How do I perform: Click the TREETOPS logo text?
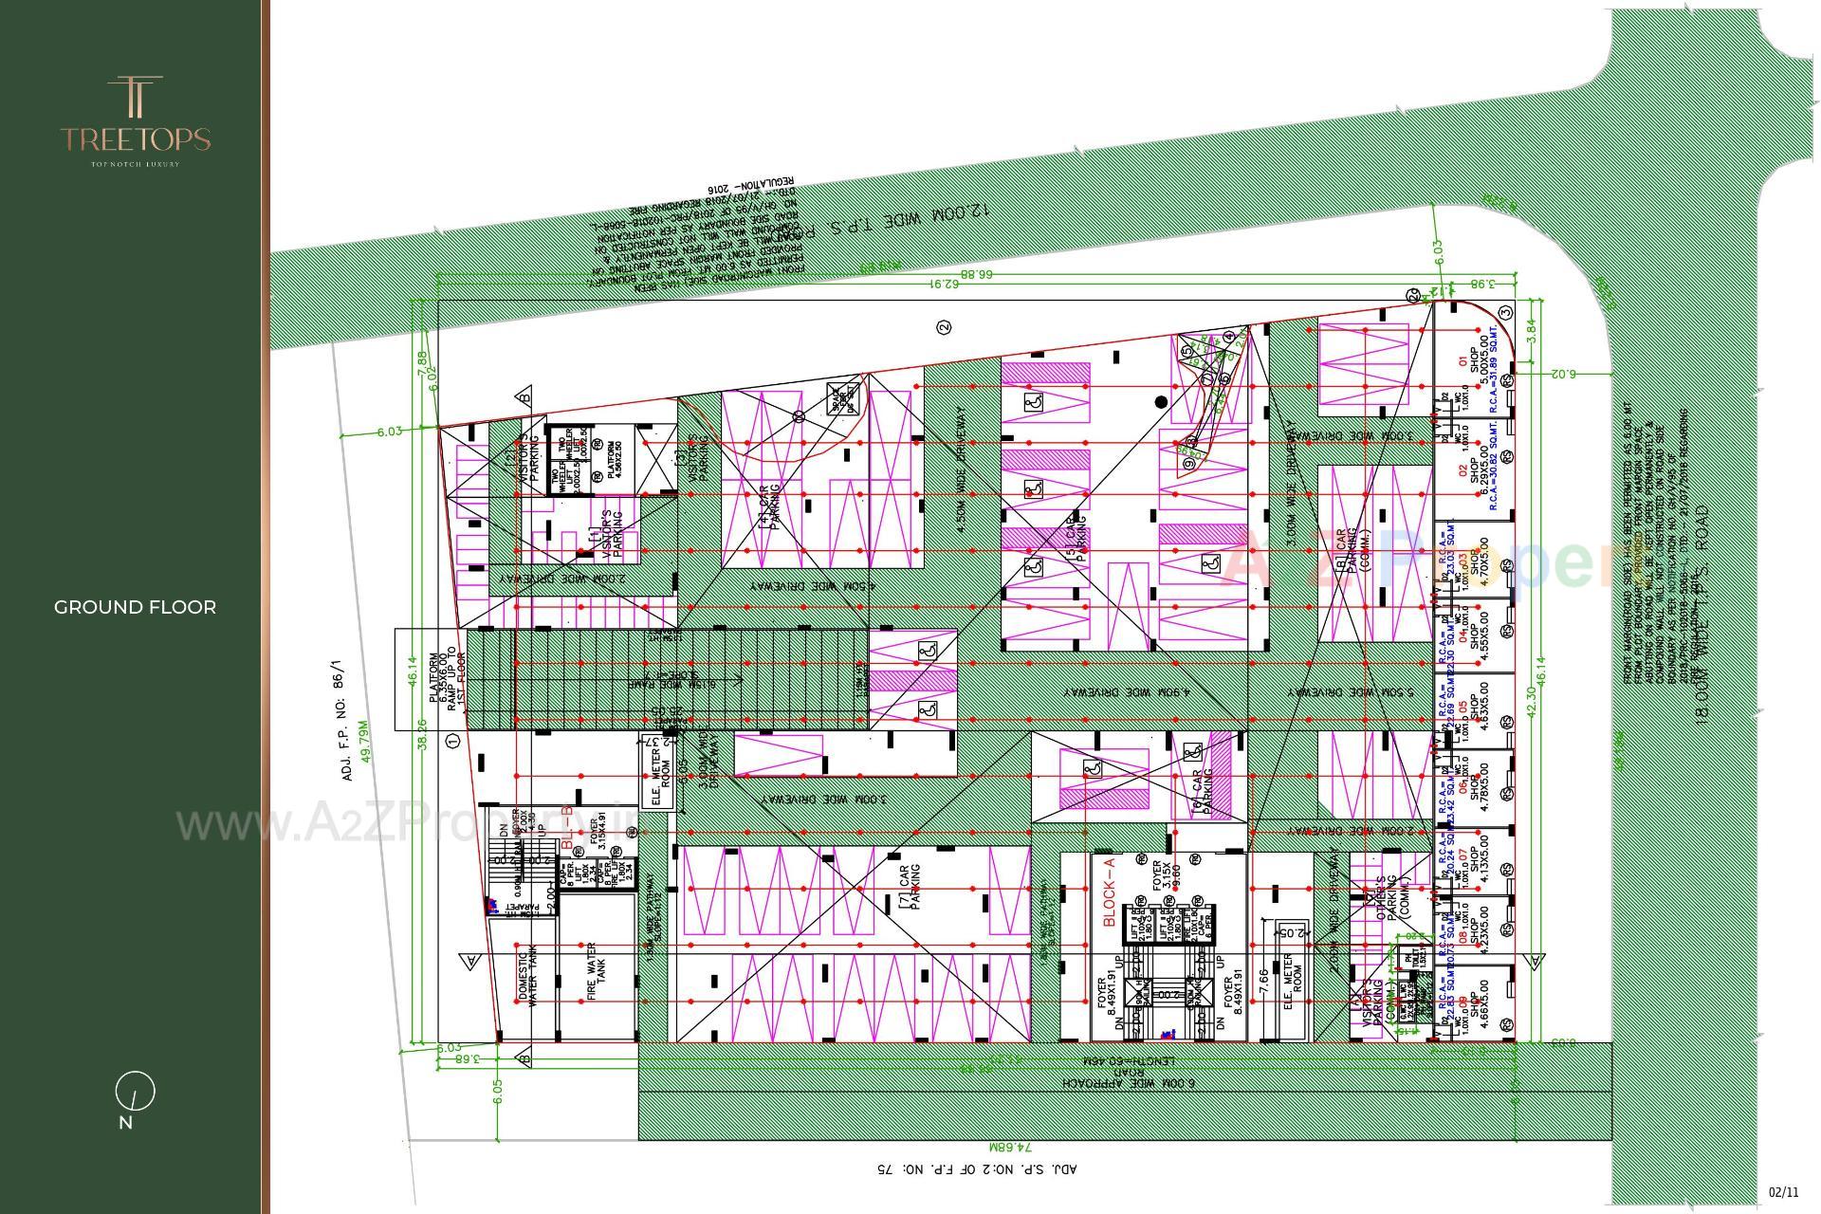pos(135,139)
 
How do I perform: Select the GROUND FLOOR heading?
pos(135,607)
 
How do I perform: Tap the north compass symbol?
pos(135,1092)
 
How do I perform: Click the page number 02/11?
pos(1783,1192)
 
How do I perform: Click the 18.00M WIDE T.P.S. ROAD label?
pos(1701,616)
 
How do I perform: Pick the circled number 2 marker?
pos(943,327)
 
